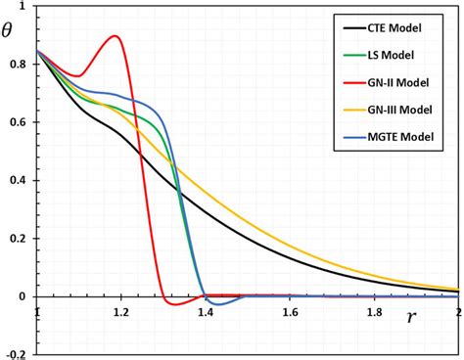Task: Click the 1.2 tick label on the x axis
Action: coord(120,312)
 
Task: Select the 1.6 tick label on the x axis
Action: coord(290,312)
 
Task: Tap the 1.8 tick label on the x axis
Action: coord(374,312)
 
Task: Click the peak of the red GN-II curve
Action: coord(116,36)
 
